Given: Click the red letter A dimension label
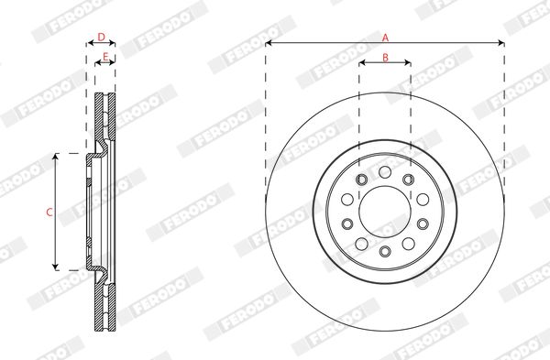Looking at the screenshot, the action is point(385,38).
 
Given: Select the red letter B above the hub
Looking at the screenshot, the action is point(385,58).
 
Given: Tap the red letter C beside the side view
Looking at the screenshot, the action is point(49,213).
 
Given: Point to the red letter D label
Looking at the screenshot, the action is point(101,38).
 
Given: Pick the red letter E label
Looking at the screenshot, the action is point(105,57).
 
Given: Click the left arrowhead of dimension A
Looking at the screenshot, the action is point(269,43).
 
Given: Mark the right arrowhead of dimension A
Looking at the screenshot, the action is point(500,43).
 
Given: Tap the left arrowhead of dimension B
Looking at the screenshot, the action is point(362,62).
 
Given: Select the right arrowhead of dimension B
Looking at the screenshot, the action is point(407,62).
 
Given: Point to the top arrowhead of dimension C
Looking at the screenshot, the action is point(55,157).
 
